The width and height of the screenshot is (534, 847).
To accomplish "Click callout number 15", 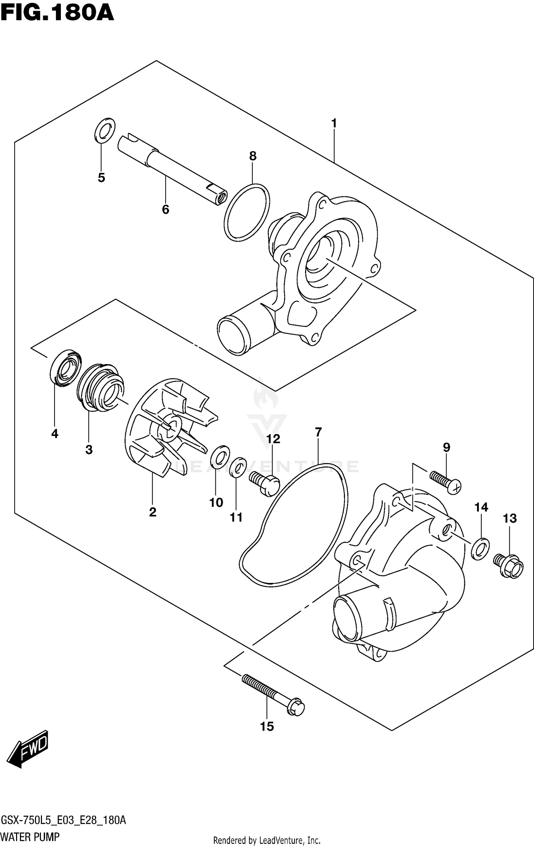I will point(267,727).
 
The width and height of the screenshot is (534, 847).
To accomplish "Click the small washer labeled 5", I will point(105,130).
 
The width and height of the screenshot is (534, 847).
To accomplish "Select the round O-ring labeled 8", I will point(247,212).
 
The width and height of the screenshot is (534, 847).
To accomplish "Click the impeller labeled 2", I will point(167,427).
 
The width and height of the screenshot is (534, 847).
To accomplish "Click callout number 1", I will point(334,123).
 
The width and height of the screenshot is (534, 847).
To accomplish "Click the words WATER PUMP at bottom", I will point(30,836).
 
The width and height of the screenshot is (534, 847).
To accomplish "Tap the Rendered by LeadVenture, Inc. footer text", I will point(267,840).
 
